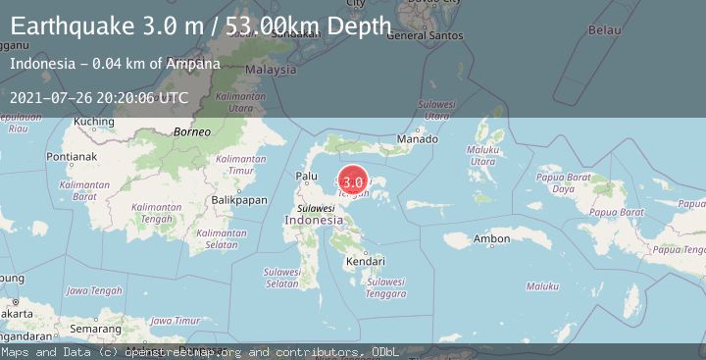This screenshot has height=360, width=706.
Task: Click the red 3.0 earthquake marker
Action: coord(353,181)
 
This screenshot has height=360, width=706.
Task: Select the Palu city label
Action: coord(307,177)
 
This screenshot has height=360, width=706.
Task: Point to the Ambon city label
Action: coord(491,238)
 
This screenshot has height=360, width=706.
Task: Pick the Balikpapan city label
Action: coord(239,199)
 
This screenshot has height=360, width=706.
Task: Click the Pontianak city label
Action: coord(48,156)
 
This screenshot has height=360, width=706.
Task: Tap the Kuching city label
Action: coord(95,122)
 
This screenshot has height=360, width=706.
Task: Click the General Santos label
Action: coord(420,36)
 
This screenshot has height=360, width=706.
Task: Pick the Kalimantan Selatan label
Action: coord(220,238)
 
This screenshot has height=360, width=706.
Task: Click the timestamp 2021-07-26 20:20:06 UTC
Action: coord(99,97)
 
